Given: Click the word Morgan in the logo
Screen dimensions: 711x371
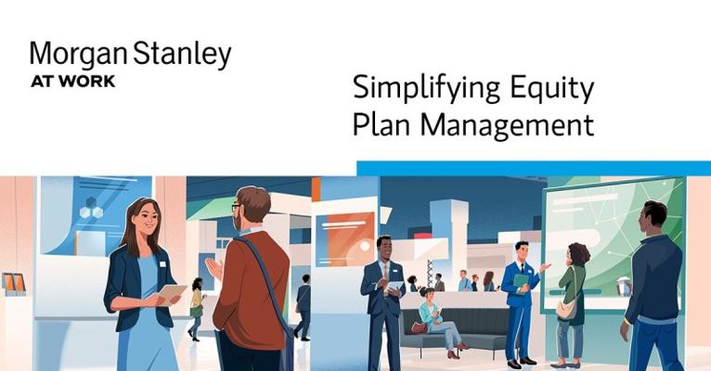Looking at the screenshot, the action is (78, 55).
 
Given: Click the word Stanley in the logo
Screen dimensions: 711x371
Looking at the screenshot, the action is (182, 55).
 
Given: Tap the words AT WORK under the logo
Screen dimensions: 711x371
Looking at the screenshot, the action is (73, 82).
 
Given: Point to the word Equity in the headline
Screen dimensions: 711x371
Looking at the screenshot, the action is (552, 89).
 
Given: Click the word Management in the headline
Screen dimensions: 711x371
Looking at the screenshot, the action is (507, 124).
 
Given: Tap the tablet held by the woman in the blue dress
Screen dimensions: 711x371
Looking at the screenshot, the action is (172, 294).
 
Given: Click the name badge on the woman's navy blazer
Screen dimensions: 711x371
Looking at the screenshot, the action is (162, 264).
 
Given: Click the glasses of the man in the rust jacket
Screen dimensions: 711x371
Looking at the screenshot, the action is (236, 208).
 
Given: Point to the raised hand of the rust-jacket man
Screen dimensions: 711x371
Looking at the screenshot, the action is (213, 268).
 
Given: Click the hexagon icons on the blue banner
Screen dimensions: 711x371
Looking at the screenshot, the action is (91, 209).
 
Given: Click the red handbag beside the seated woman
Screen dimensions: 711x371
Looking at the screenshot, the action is (419, 327).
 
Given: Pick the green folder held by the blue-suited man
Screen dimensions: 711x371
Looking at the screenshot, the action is (521, 281).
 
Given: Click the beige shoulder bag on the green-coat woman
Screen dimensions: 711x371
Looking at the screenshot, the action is (567, 309).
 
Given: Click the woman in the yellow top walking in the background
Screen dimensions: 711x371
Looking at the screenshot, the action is (197, 309).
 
